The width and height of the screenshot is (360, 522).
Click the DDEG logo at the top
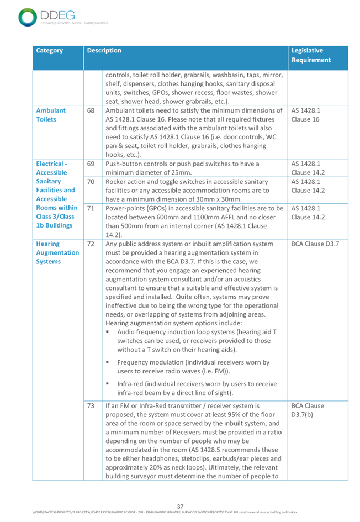pyautogui.click(x=47, y=17)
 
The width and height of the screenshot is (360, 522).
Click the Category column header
pyautogui.click(x=50, y=51)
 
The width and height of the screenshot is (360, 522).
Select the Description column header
pyautogui.click(x=104, y=51)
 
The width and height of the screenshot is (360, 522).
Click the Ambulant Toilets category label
pyautogui.click(x=51, y=114)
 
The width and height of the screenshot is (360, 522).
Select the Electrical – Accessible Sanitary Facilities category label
pyautogui.click(x=55, y=194)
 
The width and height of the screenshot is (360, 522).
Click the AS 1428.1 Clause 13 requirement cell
pyautogui.click(x=305, y=114)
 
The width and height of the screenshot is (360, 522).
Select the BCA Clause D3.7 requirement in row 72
pyautogui.click(x=312, y=244)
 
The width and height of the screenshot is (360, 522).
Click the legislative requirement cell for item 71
pyautogui.click(x=305, y=213)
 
